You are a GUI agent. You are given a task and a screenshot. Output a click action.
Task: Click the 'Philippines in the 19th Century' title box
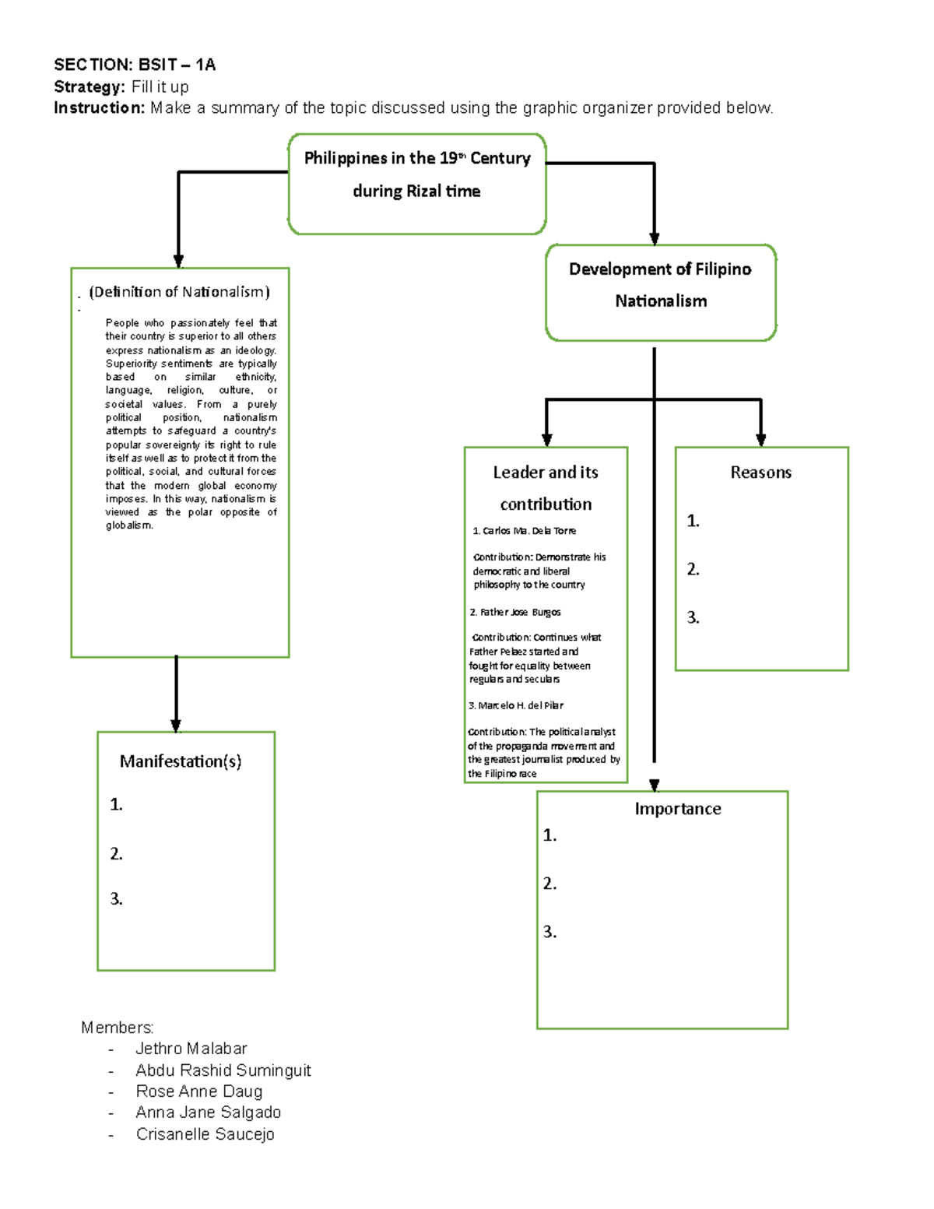(x=417, y=183)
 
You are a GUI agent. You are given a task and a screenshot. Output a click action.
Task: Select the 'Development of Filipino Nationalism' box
(x=661, y=292)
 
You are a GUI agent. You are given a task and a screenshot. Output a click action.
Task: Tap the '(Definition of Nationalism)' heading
(x=180, y=292)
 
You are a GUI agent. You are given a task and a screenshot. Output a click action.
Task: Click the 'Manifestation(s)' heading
(x=181, y=761)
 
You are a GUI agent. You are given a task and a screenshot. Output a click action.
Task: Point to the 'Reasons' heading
(x=760, y=473)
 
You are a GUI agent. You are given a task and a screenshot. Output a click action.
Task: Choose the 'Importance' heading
(x=677, y=809)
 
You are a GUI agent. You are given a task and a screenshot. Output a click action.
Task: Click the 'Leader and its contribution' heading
(x=546, y=488)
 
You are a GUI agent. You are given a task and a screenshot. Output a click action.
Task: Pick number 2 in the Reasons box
(x=693, y=570)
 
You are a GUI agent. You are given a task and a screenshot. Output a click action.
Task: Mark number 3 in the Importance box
(x=550, y=932)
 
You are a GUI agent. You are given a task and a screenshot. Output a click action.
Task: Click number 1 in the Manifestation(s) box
(x=116, y=805)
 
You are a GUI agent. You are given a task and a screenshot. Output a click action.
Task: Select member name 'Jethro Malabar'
(x=191, y=1049)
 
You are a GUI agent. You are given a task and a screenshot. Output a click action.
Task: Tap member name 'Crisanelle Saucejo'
(x=205, y=1134)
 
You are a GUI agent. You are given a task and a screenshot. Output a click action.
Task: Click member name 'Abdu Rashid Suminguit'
(x=223, y=1070)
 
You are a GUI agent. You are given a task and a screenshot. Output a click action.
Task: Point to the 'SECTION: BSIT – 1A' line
(x=135, y=65)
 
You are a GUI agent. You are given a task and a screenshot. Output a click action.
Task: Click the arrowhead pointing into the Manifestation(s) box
(x=176, y=725)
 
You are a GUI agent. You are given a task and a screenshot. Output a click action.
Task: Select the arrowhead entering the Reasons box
(x=760, y=440)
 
